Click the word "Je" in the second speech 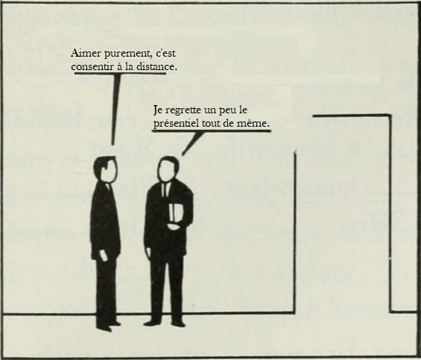click(156, 110)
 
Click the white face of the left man click(110, 171)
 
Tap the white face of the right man click(168, 171)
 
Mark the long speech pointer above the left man click(115, 109)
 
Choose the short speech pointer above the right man click(192, 143)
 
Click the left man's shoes click(108, 326)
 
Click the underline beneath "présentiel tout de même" click(212, 131)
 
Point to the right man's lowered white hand click(148, 253)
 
